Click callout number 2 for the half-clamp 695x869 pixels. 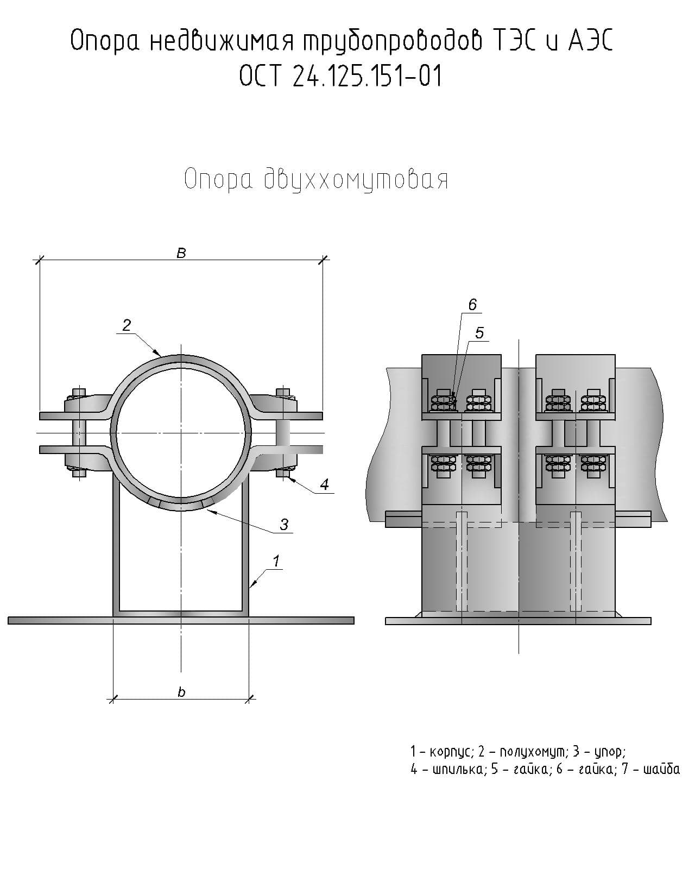(127, 325)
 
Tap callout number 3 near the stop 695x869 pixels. (283, 524)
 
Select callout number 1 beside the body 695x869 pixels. (276, 561)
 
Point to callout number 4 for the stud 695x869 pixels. (324, 484)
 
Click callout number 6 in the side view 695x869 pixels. (472, 305)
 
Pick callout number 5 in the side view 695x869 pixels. (479, 332)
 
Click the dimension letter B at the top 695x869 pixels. (181, 253)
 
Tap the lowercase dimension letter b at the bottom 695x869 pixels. (181, 692)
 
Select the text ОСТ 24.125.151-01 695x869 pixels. (340, 76)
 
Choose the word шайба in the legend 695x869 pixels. (661, 770)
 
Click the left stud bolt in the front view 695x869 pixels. (79, 433)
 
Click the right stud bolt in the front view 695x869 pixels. (284, 433)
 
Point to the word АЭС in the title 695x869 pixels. (591, 42)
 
